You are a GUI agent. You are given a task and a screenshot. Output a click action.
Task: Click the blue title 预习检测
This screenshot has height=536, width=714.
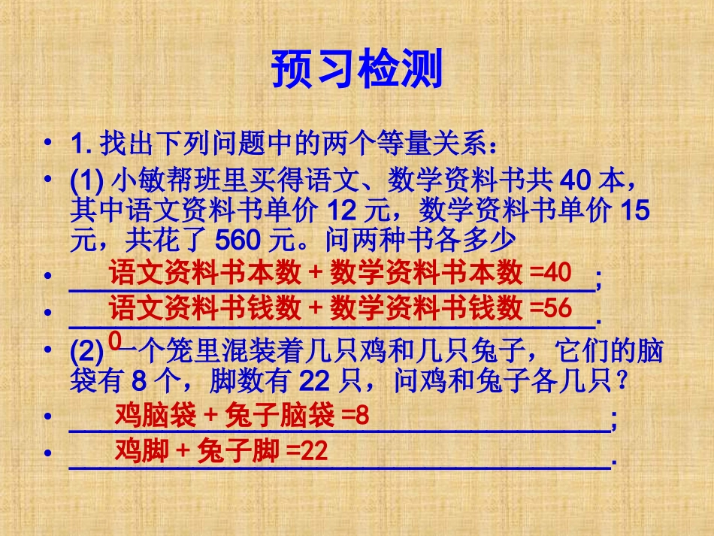coord(356,69)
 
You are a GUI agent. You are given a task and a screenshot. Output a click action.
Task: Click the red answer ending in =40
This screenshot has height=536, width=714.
coord(340,273)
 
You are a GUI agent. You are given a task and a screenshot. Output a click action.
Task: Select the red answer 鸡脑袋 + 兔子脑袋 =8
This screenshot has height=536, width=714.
coord(242,415)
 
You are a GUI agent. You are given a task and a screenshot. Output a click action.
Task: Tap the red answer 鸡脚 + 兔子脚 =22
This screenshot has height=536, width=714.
coord(221,451)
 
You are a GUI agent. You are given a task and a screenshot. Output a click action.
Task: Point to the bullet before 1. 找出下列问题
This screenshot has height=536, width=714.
coord(49,143)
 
